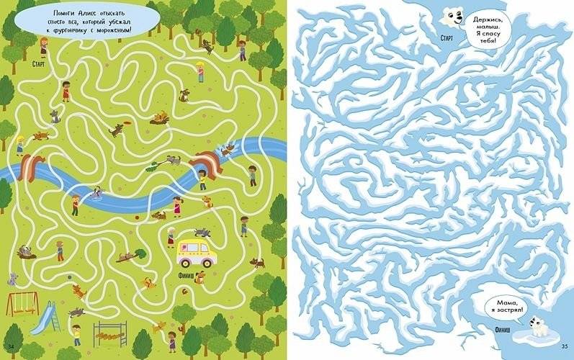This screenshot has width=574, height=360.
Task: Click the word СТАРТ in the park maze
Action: [x=40, y=63]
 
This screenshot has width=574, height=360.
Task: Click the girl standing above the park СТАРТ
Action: [x=44, y=46]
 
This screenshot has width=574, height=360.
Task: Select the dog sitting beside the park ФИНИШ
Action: [x=199, y=277]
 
